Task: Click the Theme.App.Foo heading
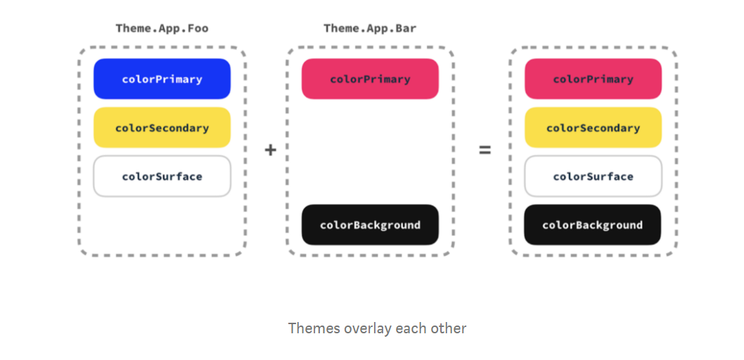tap(162, 29)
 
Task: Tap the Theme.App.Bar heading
tap(370, 29)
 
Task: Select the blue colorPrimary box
tap(162, 79)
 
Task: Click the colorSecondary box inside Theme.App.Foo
tap(162, 128)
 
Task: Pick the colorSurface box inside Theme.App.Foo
tap(162, 176)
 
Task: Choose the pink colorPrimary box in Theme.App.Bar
tap(370, 79)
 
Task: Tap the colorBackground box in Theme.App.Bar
tap(370, 225)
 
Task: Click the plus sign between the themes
tap(271, 150)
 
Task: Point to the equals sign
tap(485, 150)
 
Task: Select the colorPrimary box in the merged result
tap(593, 79)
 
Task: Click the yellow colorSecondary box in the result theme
tap(593, 128)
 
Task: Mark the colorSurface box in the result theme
tap(593, 176)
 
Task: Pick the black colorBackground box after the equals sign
tap(593, 225)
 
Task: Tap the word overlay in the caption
tap(366, 328)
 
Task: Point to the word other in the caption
tap(450, 328)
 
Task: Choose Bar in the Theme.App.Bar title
tap(406, 29)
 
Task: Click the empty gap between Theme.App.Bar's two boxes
tap(370, 151)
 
